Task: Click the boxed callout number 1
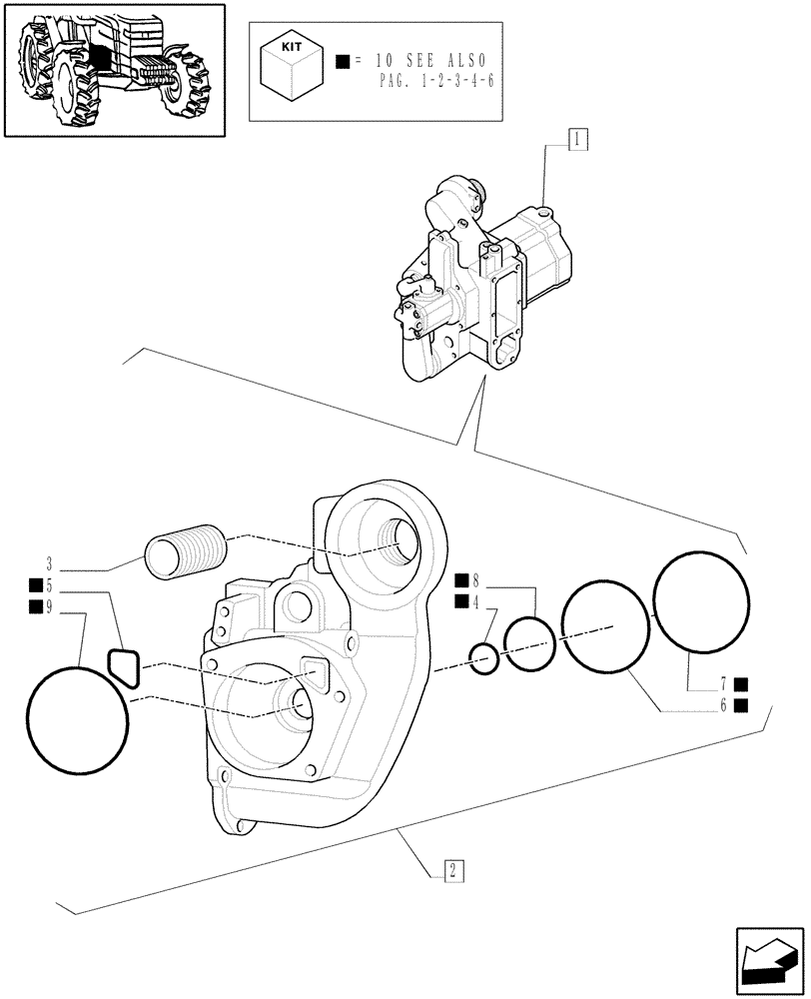pyautogui.click(x=578, y=140)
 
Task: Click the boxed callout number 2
pyautogui.click(x=452, y=870)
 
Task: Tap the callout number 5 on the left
pyautogui.click(x=48, y=586)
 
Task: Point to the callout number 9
pyautogui.click(x=48, y=606)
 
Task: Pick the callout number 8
pyautogui.click(x=475, y=579)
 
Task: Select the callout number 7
pyautogui.click(x=722, y=684)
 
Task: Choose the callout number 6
pyautogui.click(x=722, y=705)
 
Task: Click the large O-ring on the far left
pyautogui.click(x=77, y=720)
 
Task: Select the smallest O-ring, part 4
pyautogui.click(x=484, y=659)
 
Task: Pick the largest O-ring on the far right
pyautogui.click(x=700, y=601)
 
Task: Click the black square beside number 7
pyautogui.click(x=741, y=684)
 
